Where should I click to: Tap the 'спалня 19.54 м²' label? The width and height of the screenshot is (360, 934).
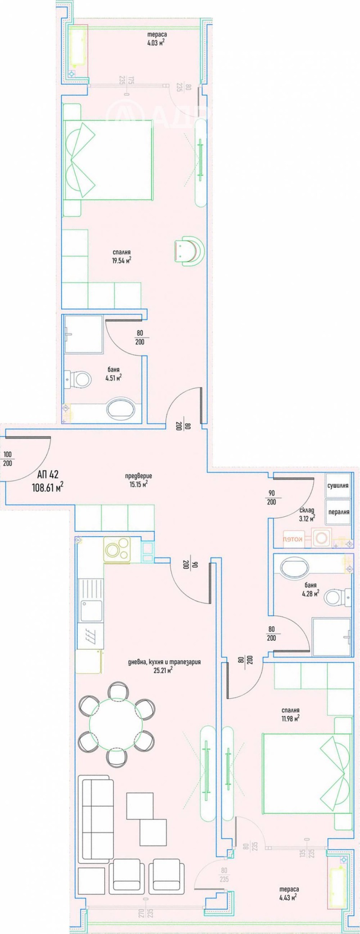[121, 256]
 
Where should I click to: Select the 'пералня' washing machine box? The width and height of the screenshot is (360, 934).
[338, 512]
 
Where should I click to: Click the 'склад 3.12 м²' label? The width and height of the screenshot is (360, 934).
[307, 514]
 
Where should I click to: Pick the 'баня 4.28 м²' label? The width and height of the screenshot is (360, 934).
[310, 589]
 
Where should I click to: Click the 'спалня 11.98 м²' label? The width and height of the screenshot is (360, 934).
[289, 714]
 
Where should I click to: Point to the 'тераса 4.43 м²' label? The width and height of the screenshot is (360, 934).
[288, 893]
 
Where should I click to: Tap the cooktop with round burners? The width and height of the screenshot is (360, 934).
[117, 549]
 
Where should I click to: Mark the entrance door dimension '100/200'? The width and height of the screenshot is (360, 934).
[8, 459]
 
